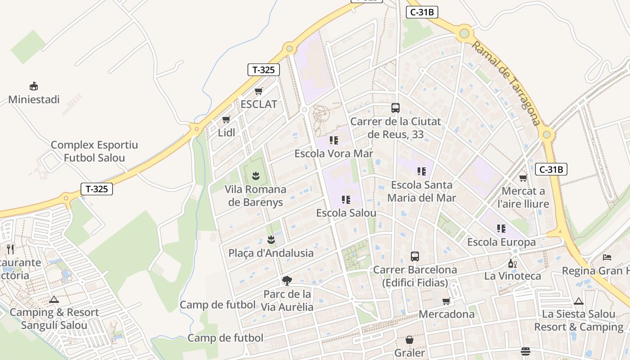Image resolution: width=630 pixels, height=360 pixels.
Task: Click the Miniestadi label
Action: pyautogui.click(x=34, y=99)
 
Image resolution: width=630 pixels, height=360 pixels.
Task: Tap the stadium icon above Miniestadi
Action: pyautogui.click(x=33, y=86)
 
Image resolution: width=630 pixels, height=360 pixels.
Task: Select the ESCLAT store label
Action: pyautogui.click(x=259, y=104)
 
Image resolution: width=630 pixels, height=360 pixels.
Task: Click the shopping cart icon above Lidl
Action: pyautogui.click(x=226, y=120)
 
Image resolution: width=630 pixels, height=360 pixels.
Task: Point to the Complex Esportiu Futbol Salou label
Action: pyautogui.click(x=94, y=152)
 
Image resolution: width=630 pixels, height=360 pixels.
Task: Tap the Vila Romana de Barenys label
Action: pyautogui.click(x=256, y=196)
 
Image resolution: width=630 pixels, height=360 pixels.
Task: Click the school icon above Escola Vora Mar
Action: pyautogui.click(x=333, y=140)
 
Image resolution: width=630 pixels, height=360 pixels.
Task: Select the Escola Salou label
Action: pyautogui.click(x=346, y=213)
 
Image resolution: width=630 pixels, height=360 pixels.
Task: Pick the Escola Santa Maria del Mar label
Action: pyautogui.click(x=422, y=191)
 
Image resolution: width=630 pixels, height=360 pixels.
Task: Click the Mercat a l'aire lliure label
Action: pyautogui.click(x=523, y=198)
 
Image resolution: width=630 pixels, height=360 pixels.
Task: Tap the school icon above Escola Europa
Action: pyautogui.click(x=501, y=229)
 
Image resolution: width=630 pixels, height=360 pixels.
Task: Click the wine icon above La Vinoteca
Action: pyautogui.click(x=512, y=263)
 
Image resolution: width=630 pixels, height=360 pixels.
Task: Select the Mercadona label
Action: pyautogui.click(x=446, y=314)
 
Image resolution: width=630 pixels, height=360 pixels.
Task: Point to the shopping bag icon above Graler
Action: pyautogui.click(x=409, y=340)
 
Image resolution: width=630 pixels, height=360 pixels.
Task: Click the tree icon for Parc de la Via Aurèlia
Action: pyautogui.click(x=287, y=281)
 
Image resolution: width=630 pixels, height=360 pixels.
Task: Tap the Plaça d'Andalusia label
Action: pyautogui.click(x=271, y=253)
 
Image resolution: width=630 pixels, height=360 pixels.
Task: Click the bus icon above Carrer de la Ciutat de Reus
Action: pyautogui.click(x=396, y=108)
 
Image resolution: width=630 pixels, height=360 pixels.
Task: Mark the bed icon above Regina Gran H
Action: pyautogui.click(x=607, y=257)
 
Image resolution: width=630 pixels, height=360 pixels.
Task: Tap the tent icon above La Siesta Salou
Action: pyautogui.click(x=579, y=301)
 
